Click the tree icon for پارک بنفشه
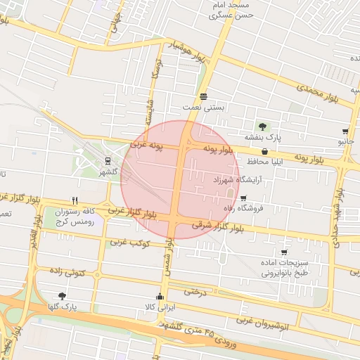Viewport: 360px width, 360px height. pos(262,127)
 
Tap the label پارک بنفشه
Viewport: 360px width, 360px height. pos(262,138)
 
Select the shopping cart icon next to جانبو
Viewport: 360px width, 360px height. pos(345,131)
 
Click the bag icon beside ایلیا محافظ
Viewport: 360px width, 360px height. pos(264,151)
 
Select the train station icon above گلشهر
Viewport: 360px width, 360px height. pos(107,160)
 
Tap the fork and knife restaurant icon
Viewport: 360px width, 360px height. pos(75,200)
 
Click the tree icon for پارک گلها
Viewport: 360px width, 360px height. pos(62,296)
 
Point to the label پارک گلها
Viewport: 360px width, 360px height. pos(63,307)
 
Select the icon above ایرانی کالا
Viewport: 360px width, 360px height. pos(162,296)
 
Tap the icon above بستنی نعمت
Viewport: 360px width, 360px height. pos(203,96)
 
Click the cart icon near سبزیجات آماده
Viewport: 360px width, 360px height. pos(283,252)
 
